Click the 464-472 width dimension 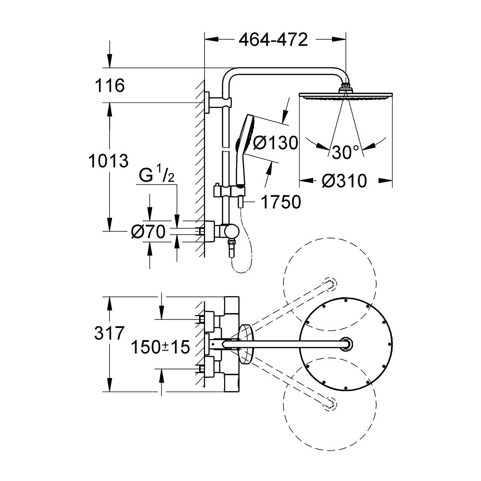(273, 40)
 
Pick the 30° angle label (345, 152)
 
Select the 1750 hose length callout (280, 202)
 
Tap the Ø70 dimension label (148, 232)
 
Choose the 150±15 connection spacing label (161, 347)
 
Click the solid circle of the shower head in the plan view (346, 344)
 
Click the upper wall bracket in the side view (208, 102)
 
